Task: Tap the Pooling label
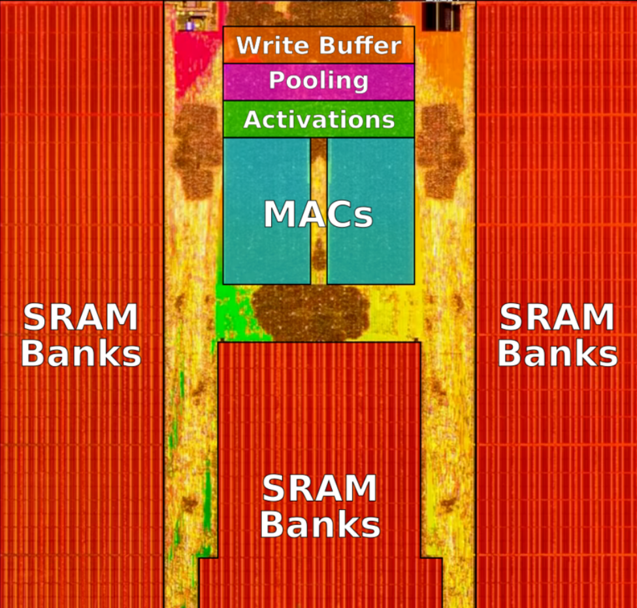tap(318, 81)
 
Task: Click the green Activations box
tap(318, 120)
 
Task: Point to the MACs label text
tap(318, 215)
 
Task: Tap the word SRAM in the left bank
tap(80, 318)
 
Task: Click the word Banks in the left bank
tap(81, 354)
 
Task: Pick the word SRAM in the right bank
tap(557, 318)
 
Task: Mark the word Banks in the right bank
tap(557, 354)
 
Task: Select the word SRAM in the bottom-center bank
tap(319, 489)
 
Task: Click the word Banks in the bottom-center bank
tap(320, 524)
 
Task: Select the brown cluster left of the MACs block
tap(196, 150)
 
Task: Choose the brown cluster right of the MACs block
tap(440, 150)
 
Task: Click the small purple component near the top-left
tap(190, 25)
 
